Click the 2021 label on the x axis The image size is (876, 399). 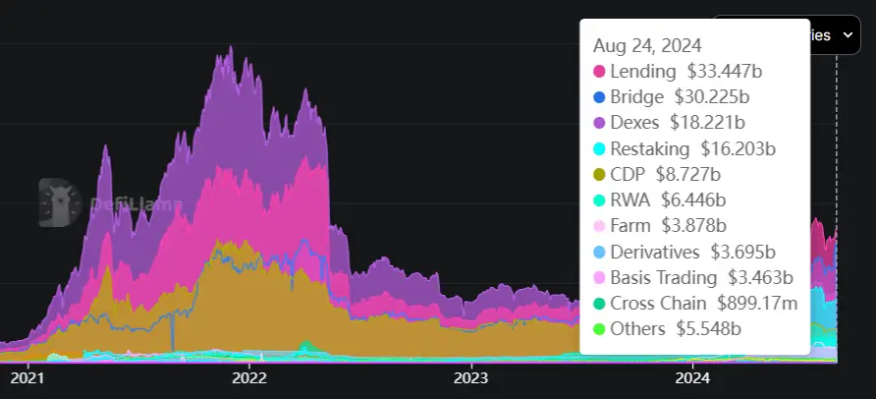[27, 377]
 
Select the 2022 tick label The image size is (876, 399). [249, 377]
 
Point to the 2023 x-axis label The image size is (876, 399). [471, 377]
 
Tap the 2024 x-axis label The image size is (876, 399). [693, 377]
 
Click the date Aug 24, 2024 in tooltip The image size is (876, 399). [647, 45]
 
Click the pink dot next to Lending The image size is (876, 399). [599, 72]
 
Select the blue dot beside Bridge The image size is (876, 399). [599, 97]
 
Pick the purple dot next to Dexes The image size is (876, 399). [599, 123]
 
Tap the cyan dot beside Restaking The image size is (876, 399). [599, 149]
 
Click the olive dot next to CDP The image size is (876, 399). [599, 175]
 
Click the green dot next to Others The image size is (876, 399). [599, 329]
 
